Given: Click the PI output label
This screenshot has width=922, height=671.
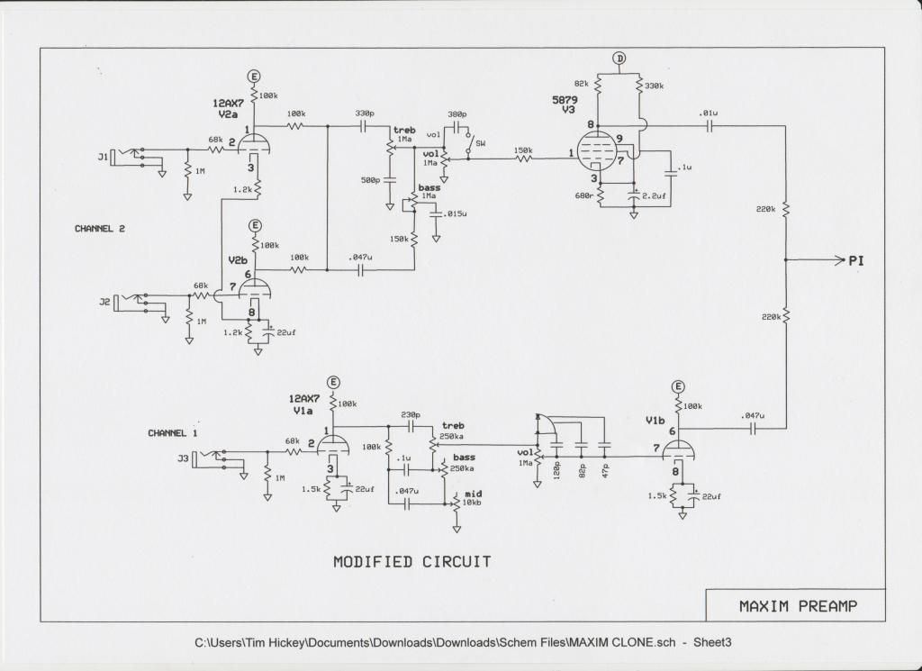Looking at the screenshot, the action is (x=856, y=260).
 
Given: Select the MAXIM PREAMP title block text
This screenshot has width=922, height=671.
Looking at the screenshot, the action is (x=798, y=606).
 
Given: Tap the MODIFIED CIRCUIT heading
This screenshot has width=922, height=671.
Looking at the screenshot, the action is (x=412, y=562).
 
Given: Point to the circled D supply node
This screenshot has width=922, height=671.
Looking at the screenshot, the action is (x=619, y=58).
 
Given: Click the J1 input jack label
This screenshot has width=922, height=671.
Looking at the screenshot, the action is (x=104, y=157).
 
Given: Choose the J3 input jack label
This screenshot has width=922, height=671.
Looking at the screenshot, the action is (x=184, y=458).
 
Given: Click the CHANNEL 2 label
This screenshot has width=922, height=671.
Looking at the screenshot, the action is (x=100, y=228).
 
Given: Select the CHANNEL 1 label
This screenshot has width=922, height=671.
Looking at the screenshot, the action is (x=173, y=433).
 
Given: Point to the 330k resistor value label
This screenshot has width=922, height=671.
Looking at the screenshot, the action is (x=655, y=86).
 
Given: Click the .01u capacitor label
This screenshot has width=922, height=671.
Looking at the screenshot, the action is (x=708, y=113).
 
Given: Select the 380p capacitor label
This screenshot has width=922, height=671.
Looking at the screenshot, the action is (x=456, y=113).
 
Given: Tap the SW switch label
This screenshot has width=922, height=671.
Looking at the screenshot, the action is (x=481, y=143).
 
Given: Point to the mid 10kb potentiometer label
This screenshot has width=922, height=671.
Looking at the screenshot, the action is (x=473, y=497).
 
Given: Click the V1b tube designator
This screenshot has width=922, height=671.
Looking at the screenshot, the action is (x=655, y=421).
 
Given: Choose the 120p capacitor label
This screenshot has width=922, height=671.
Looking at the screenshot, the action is (x=556, y=471).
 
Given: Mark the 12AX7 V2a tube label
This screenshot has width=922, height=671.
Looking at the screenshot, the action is (x=228, y=109).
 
